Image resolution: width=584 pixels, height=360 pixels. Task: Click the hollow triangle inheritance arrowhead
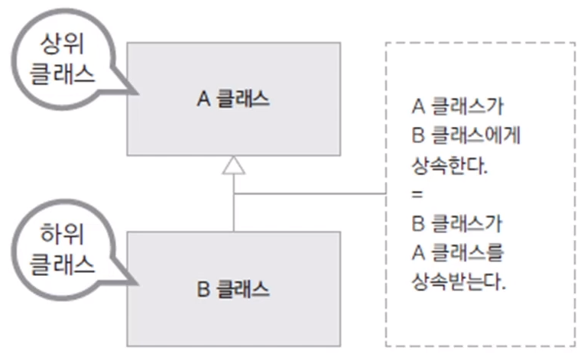(x=233, y=165)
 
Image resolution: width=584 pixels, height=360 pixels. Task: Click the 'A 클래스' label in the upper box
(x=233, y=99)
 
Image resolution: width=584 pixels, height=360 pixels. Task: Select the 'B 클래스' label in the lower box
(x=233, y=290)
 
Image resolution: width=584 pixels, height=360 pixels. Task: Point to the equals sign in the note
(x=416, y=194)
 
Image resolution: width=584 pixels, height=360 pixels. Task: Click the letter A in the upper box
(x=203, y=99)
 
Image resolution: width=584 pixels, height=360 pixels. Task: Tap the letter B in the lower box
(x=203, y=290)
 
